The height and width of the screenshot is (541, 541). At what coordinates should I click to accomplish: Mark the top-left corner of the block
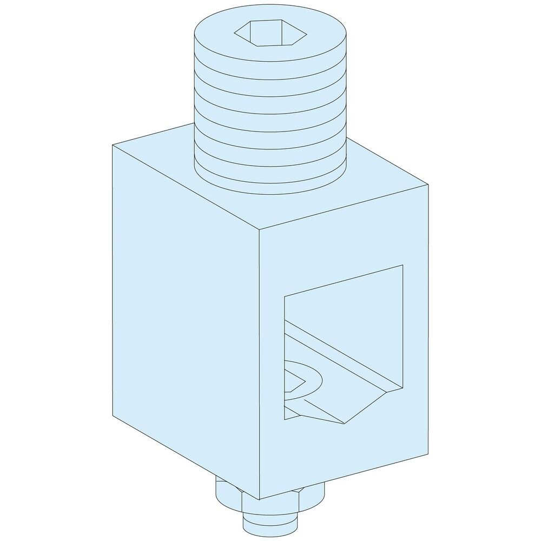point(113,145)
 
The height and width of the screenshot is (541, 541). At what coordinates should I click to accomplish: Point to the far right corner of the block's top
point(429,184)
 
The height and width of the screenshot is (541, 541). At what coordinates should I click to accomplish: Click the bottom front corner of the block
point(260,499)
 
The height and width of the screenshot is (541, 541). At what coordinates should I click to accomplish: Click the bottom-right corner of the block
point(429,453)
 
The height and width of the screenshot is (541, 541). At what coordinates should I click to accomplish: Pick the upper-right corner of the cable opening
point(403,265)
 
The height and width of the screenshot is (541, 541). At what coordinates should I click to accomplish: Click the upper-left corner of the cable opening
point(285,296)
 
